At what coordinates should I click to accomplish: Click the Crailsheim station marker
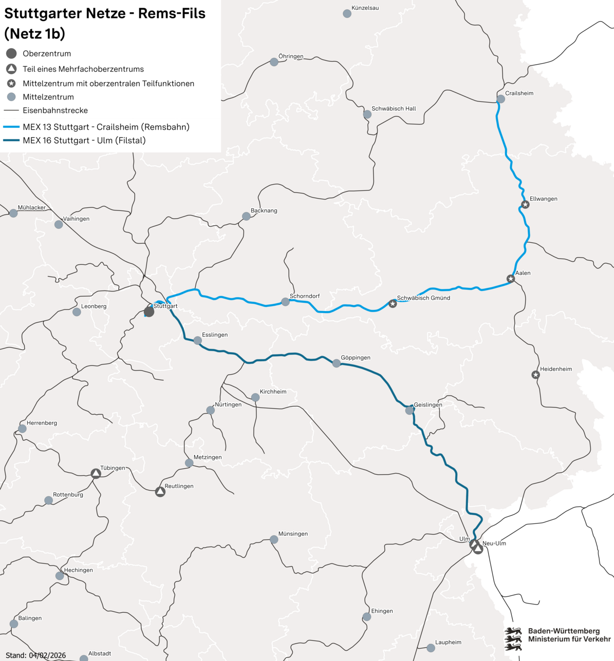(x=500, y=99)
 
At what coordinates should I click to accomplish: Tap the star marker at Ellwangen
(x=525, y=205)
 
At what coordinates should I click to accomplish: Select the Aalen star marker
(x=511, y=279)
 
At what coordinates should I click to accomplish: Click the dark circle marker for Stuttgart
(x=149, y=312)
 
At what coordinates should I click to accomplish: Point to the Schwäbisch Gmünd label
(x=423, y=298)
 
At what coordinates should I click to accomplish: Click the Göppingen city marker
(x=337, y=363)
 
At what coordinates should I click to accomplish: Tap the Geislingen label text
(x=428, y=404)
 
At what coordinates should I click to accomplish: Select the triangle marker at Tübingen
(x=96, y=474)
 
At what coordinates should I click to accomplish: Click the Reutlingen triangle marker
(x=160, y=492)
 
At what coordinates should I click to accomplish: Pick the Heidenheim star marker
(x=535, y=375)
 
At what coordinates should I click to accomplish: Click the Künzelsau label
(x=365, y=8)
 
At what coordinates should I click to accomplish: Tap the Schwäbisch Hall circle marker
(x=367, y=114)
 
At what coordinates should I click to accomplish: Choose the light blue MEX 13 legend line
(x=11, y=127)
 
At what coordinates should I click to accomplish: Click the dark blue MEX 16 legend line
(x=11, y=141)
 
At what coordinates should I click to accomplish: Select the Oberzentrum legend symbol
(x=11, y=53)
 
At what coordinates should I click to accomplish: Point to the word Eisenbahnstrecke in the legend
(x=55, y=110)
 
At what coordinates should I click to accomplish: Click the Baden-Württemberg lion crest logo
(x=513, y=639)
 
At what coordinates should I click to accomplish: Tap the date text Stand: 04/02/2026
(x=36, y=655)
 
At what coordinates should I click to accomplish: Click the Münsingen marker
(x=274, y=539)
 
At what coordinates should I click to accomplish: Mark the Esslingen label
(x=215, y=335)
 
